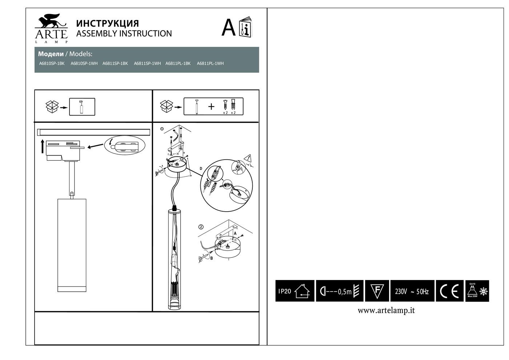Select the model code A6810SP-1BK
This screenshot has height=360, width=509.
52,63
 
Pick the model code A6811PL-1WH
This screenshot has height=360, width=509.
210,63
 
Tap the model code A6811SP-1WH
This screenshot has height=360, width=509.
147,63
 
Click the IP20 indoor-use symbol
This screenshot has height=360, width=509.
295,291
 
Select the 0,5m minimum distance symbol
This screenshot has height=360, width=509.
340,291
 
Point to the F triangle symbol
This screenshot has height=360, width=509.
377,291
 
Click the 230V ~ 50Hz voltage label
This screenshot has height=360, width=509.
412,291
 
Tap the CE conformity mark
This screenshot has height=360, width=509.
449,291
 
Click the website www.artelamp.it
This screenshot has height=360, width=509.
386,310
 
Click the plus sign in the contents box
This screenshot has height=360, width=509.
211,107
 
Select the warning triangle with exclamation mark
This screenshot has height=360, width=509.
249,158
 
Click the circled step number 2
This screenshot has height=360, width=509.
201,227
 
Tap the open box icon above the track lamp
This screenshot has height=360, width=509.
52,107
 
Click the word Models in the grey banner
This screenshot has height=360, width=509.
81,54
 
